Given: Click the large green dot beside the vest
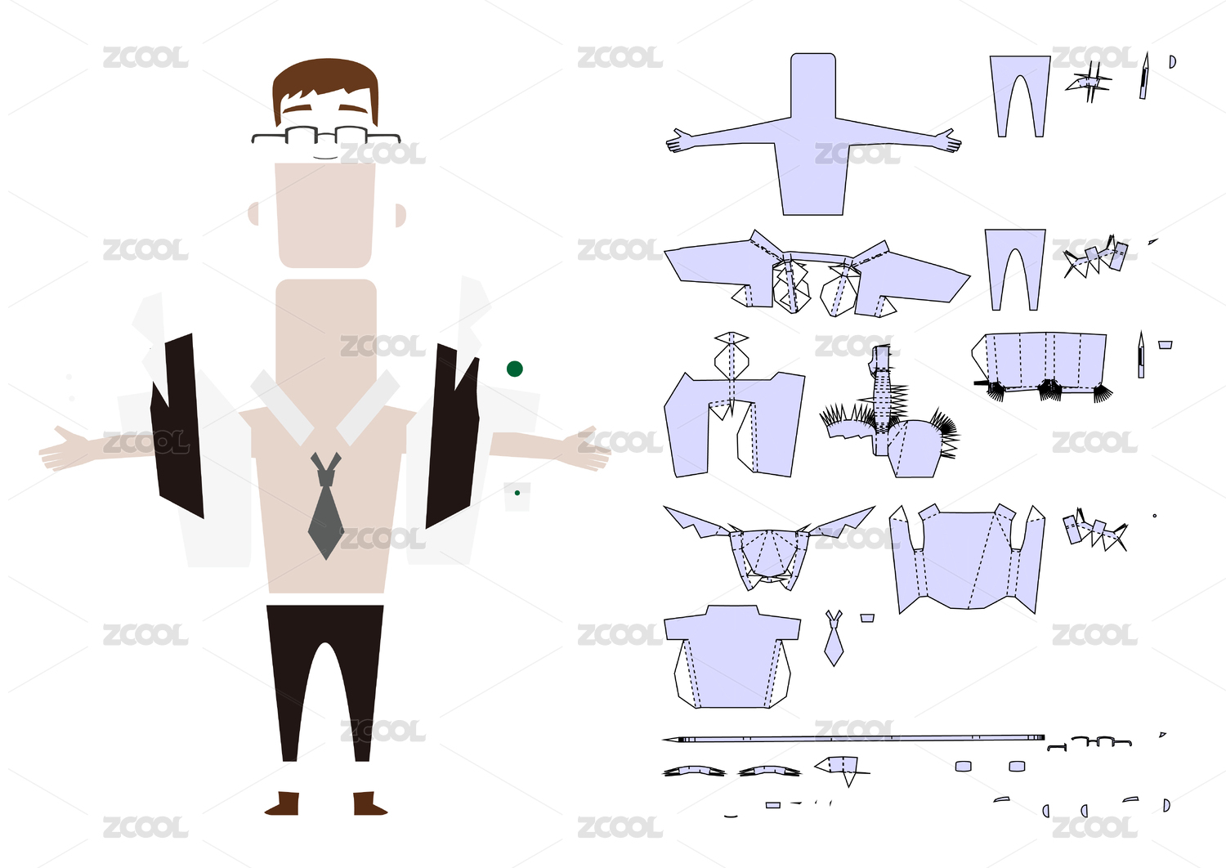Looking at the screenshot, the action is (x=514, y=369).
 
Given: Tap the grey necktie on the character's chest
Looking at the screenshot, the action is (x=326, y=509).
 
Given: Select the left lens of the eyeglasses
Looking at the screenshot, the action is (x=302, y=135).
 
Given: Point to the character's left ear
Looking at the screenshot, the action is (x=253, y=213).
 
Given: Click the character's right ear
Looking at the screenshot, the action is (x=400, y=215).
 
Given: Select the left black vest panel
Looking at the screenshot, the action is (x=178, y=427).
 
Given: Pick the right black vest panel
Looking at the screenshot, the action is (x=452, y=435).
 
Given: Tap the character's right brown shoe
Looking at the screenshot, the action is (x=369, y=803).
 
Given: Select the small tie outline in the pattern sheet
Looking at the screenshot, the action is (x=834, y=638).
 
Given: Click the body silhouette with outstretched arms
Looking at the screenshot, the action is (x=813, y=142).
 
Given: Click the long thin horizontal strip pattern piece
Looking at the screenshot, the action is (x=854, y=739).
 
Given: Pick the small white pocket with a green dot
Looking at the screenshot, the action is (x=517, y=496).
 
